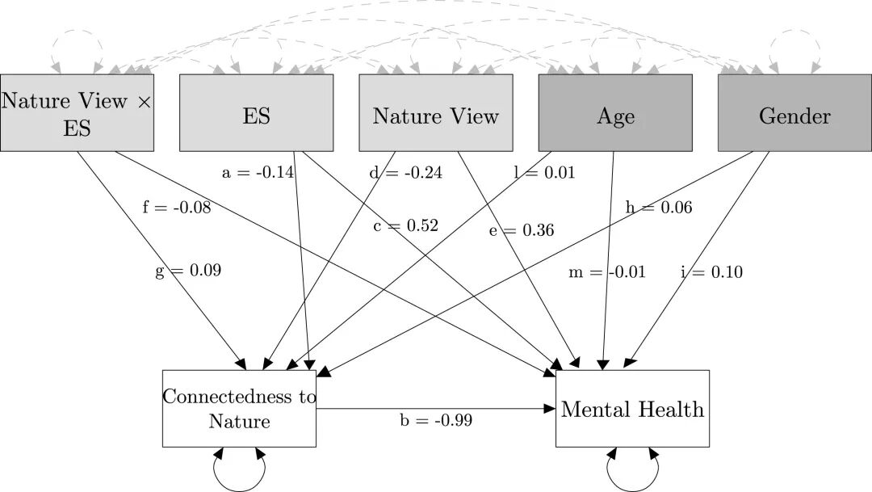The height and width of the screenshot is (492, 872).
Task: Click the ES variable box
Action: click(257, 113)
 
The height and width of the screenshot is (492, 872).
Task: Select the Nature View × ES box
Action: click(77, 113)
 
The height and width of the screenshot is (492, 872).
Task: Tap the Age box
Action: click(615, 113)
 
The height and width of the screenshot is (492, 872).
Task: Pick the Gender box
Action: click(794, 113)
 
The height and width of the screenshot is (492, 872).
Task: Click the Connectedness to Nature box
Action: click(239, 409)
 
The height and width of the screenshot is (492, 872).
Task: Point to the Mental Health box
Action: click(632, 409)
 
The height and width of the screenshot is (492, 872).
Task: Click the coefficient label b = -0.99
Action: click(436, 419)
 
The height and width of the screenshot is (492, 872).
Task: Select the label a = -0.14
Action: click(258, 173)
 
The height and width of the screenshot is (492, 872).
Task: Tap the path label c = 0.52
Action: click(406, 225)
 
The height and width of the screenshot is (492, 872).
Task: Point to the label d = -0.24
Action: click(406, 173)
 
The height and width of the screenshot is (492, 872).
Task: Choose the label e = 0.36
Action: click(522, 230)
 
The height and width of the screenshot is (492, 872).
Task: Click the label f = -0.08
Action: click(177, 207)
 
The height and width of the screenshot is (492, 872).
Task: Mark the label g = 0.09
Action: click(188, 271)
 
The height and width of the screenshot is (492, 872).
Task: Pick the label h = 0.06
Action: click(659, 207)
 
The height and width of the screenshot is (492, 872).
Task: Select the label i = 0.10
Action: click(712, 271)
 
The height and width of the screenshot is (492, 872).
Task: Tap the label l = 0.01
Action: click(544, 173)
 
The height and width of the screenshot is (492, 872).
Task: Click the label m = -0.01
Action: click(606, 271)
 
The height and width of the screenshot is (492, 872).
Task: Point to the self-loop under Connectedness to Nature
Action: click(239, 490)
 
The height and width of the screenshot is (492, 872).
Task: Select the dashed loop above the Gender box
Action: click(794, 30)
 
